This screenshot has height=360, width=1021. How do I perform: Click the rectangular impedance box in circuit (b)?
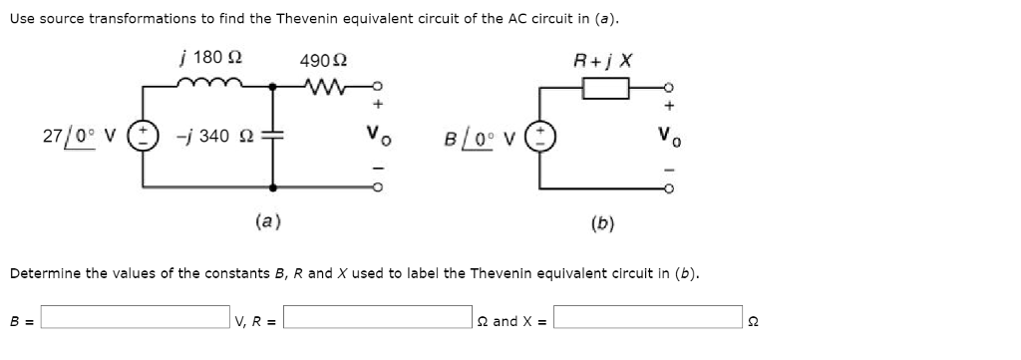(x=605, y=91)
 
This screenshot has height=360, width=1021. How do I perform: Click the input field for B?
(x=135, y=320)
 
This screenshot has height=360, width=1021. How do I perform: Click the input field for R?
(x=380, y=320)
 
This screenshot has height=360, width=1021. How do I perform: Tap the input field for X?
(x=649, y=320)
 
